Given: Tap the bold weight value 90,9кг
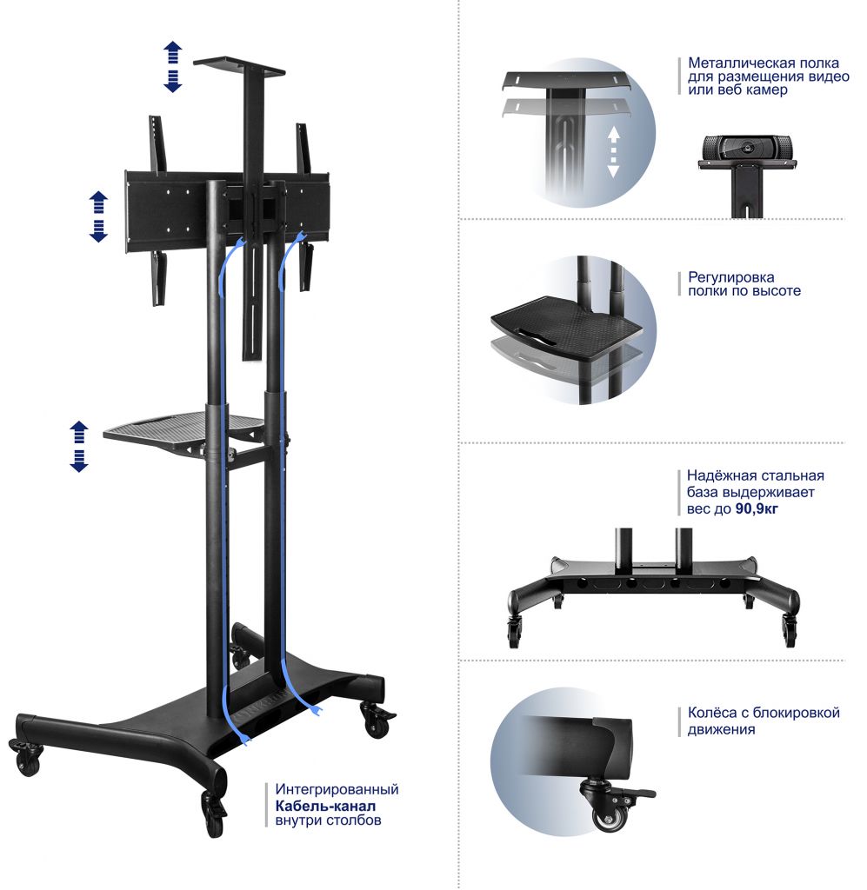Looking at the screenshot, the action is coord(757,508).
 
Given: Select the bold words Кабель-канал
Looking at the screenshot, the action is coord(325,806).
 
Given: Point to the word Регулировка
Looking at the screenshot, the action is coord(730,277).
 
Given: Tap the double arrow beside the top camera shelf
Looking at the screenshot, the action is coord(172,66).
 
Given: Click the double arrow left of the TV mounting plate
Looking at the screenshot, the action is coord(99,216).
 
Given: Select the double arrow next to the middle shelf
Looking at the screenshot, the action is coord(79,447).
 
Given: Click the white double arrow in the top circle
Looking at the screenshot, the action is coord(613,152).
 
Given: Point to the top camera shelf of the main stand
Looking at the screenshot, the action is coord(239,68).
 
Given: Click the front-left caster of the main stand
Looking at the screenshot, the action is coord(26,757).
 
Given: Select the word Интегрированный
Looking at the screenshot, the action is coord(337,789).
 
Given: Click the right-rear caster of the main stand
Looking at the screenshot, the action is coord(376,719).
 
